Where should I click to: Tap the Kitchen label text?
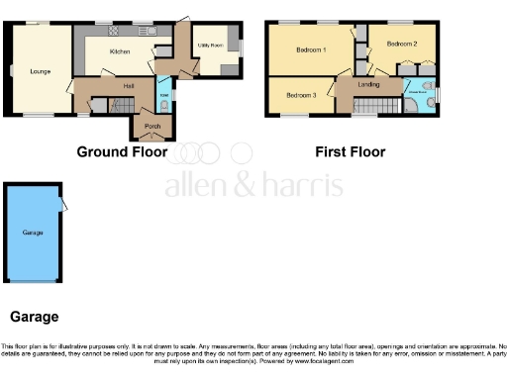[x=120, y=51]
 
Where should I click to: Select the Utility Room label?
[x=208, y=46]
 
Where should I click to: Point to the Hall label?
[x=128, y=87]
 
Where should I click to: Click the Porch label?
[x=153, y=126]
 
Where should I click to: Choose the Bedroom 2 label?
[x=401, y=45]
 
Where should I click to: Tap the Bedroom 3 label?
[x=301, y=95]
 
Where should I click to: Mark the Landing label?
[x=368, y=86]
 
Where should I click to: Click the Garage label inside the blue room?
[x=33, y=233]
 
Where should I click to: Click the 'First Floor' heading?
[x=350, y=152]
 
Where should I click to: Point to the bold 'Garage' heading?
[x=34, y=318]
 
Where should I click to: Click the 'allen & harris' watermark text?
[x=253, y=185]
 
